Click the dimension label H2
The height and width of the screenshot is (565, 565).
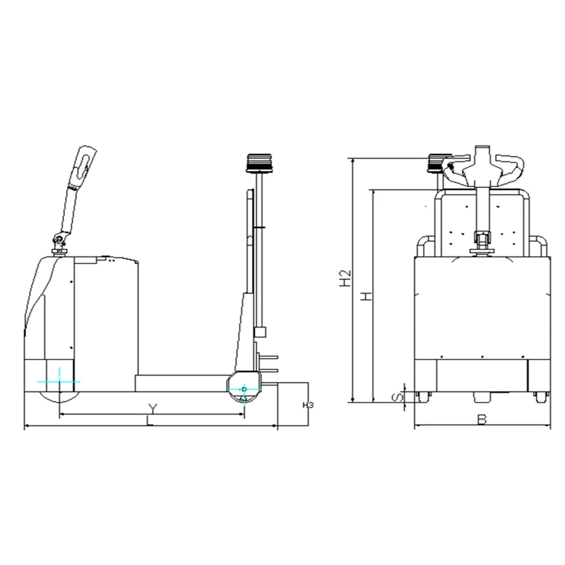tap(345, 278)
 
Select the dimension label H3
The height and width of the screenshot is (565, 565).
tap(308, 405)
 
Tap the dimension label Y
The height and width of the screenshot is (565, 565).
tap(153, 409)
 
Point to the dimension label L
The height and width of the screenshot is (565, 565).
tap(150, 420)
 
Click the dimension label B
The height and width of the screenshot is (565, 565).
tap(482, 420)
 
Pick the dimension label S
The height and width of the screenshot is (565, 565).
tap(397, 398)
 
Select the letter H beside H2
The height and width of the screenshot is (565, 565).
tap(367, 296)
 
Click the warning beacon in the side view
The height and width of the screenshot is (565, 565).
tap(258, 163)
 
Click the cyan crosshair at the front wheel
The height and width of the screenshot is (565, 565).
tap(59, 381)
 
